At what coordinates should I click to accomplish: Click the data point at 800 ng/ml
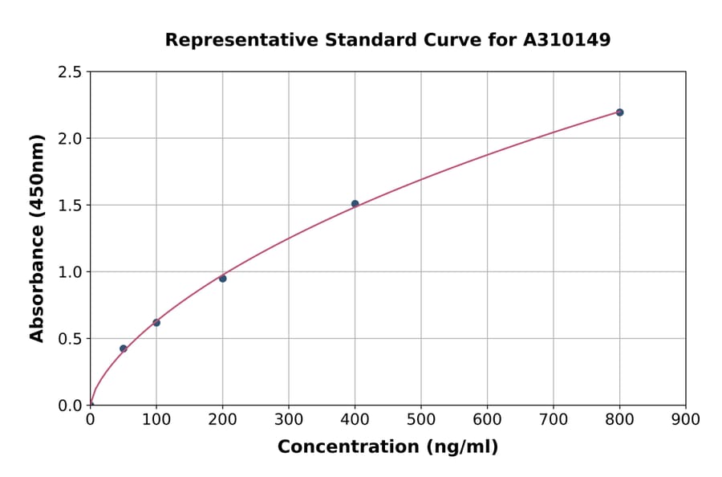[x=619, y=112]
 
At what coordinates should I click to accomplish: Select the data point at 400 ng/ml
[x=355, y=204]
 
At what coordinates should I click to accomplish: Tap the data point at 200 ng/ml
[x=222, y=279]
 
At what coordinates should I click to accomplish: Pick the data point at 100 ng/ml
[x=156, y=323]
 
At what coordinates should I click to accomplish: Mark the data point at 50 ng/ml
[x=123, y=349]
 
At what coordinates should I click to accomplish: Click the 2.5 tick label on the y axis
[x=70, y=72]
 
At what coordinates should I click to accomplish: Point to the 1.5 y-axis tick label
[x=70, y=206]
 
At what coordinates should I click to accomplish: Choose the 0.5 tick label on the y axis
[x=70, y=339]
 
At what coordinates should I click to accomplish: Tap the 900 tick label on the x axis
[x=685, y=419]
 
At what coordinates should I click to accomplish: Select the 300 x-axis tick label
[x=289, y=419]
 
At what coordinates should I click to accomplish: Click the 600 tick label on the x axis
[x=487, y=419]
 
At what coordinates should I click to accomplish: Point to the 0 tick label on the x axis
[x=90, y=419]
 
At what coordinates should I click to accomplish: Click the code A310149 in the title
[x=567, y=40]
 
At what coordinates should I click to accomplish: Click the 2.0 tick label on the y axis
[x=70, y=139]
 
